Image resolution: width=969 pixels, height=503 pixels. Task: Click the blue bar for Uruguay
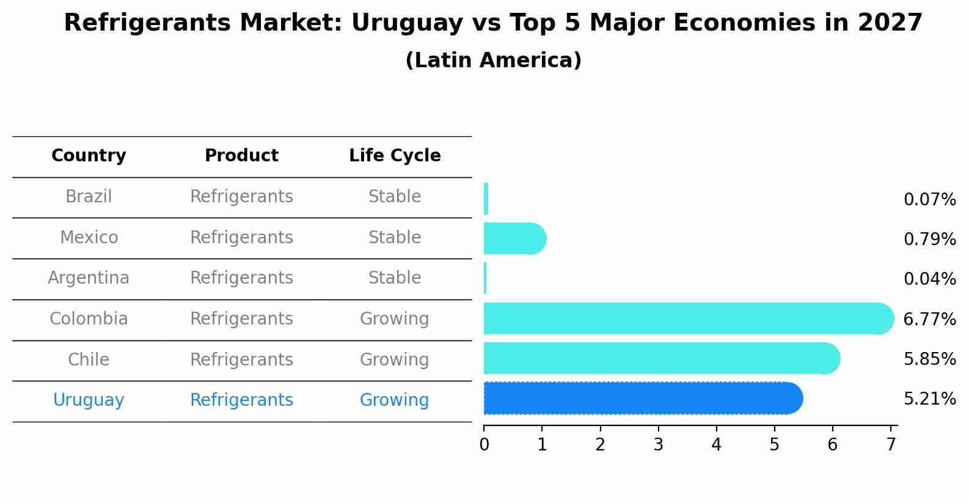(x=642, y=398)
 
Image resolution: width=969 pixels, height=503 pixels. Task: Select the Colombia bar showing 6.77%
(x=687, y=318)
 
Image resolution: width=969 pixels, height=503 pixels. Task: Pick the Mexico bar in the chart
(x=514, y=238)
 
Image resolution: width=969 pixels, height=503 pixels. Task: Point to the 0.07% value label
(x=929, y=200)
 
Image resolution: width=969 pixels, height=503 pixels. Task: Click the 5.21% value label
(x=929, y=399)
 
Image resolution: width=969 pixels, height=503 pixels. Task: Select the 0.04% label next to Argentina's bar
(x=929, y=279)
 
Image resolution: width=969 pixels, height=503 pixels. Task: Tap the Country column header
(x=89, y=156)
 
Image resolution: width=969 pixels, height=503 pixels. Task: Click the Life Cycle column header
(x=395, y=156)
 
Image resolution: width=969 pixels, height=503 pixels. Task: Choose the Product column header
(x=241, y=156)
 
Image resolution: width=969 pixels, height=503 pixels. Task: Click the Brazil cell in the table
(x=89, y=197)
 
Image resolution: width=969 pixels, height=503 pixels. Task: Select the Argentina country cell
(x=89, y=278)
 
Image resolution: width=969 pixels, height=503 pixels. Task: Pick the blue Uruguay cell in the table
(x=89, y=400)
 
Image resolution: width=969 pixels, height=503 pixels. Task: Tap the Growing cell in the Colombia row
(x=395, y=319)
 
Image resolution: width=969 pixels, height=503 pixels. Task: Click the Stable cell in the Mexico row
(x=395, y=238)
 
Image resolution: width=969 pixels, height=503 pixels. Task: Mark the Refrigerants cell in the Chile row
(x=241, y=360)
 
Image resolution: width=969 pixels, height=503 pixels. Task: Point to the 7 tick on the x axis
(x=891, y=444)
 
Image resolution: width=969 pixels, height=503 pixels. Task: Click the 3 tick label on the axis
(x=658, y=444)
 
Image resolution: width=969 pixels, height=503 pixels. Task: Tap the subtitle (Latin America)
(x=493, y=61)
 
